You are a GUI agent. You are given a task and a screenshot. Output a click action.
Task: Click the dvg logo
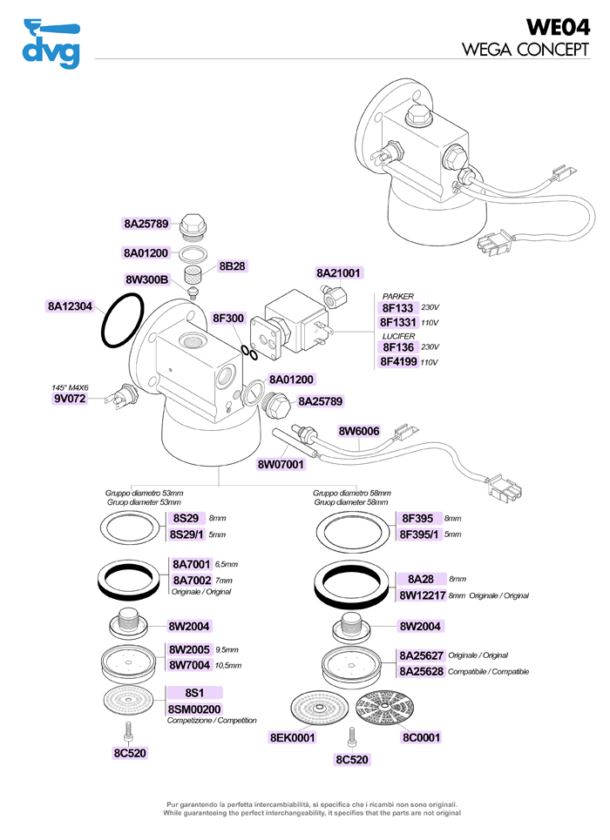51,44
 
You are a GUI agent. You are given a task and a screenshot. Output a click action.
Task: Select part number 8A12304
71,306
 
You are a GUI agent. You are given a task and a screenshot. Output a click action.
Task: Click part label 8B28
233,266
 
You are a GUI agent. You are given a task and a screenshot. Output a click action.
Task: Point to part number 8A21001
339,272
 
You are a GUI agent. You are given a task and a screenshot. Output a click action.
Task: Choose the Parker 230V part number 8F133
397,308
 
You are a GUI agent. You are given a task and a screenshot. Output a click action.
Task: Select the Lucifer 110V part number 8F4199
399,361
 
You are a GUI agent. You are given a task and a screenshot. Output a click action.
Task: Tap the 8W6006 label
359,431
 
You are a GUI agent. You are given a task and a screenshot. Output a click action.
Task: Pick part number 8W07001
281,465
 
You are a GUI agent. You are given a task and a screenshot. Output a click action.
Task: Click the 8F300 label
228,319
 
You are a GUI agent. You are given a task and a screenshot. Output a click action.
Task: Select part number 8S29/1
186,534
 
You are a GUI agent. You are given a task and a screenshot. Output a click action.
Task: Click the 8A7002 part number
192,580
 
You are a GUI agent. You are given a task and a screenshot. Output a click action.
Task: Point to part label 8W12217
422,595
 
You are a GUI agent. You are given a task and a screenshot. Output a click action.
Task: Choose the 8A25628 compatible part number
422,671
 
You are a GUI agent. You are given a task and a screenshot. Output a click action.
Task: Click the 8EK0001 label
292,737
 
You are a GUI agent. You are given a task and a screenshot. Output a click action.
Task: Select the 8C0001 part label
421,737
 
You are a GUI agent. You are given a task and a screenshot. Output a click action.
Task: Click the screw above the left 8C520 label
128,729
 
